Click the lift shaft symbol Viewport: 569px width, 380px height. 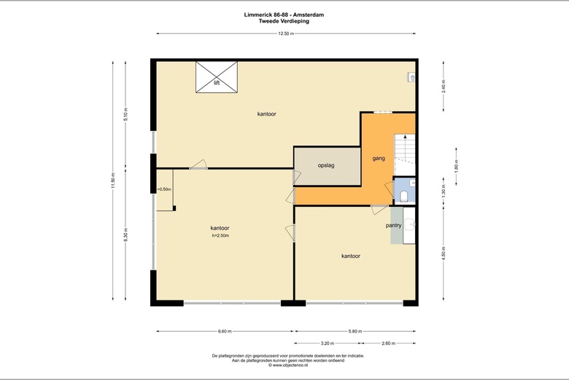coord(217,77)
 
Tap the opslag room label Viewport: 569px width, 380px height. coord(326,165)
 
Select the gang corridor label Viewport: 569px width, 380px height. coord(379,159)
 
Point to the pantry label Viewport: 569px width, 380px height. coord(393,226)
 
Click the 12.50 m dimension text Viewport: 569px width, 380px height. coord(286,34)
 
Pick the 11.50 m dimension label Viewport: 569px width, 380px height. coord(113,180)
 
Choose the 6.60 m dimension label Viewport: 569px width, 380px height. coord(225,331)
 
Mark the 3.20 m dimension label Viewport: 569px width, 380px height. coord(328,343)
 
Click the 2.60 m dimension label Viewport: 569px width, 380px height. coord(388,343)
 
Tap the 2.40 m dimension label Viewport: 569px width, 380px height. coord(444,86)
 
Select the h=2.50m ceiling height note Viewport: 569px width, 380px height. coord(220,235)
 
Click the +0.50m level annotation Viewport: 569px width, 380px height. coord(164,189)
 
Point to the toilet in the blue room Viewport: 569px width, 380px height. coord(405,197)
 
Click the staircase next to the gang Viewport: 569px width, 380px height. coord(405,154)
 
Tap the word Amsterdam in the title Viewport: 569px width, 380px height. coord(309,15)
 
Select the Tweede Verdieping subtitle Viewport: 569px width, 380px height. coord(284,21)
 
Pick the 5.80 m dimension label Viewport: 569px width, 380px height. coord(355,331)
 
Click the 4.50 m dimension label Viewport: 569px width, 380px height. coord(444,254)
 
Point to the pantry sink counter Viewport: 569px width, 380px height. coord(409,225)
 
